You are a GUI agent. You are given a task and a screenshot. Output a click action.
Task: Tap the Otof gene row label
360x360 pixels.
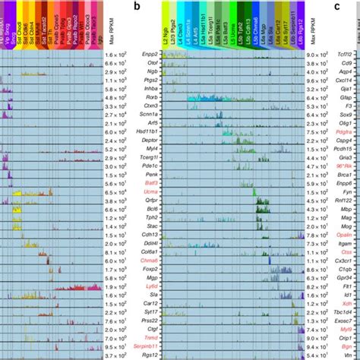pyautogui.click(x=152, y=66)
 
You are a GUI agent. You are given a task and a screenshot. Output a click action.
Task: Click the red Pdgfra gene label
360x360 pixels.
pyautogui.click(x=345, y=150)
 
